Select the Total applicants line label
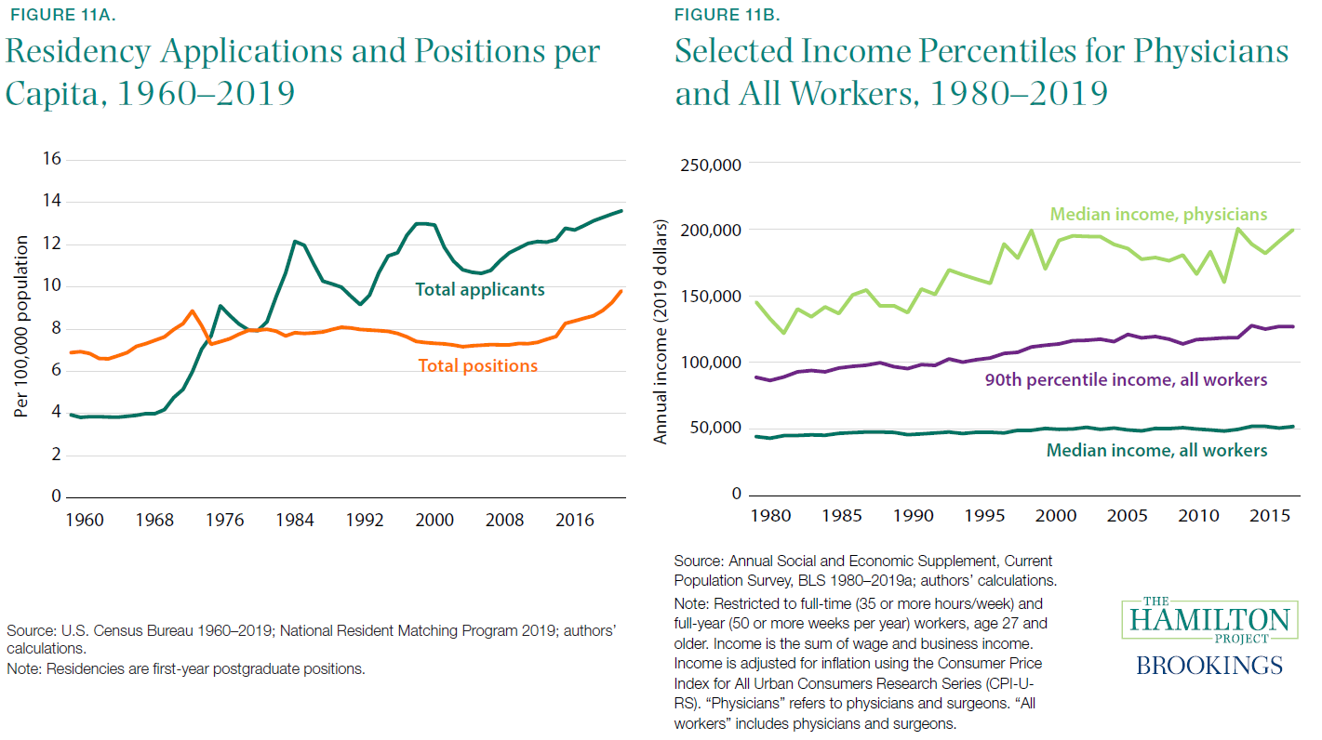coord(479,290)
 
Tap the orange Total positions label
coord(477,365)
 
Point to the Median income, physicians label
coord(1158,215)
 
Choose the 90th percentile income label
coord(1126,379)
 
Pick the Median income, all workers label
coord(1156,450)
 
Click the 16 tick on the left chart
coord(51,159)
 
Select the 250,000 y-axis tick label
coord(710,165)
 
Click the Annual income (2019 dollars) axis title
coord(661,332)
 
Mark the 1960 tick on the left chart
coord(86,520)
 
